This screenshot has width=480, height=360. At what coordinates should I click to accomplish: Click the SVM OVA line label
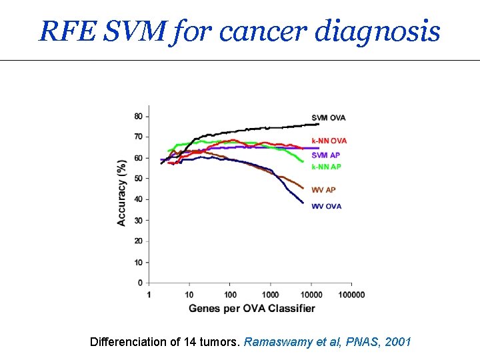[328, 118]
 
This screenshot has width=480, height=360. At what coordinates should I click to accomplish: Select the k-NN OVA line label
[329, 141]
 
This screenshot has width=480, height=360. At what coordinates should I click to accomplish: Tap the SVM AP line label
[325, 155]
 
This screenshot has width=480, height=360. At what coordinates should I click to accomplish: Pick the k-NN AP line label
[326, 166]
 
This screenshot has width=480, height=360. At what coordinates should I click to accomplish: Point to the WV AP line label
[323, 190]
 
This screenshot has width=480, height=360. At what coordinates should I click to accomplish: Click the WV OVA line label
[326, 206]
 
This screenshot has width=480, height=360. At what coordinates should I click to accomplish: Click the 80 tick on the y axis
[138, 116]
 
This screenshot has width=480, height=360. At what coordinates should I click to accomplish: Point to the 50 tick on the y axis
[138, 179]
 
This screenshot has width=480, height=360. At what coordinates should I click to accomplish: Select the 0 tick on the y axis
[140, 283]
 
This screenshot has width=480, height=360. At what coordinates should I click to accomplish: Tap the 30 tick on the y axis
[138, 220]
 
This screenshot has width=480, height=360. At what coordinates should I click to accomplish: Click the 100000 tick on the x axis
[351, 295]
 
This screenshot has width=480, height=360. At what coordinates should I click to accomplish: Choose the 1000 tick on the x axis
[270, 295]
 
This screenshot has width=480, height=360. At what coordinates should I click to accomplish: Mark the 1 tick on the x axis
[149, 295]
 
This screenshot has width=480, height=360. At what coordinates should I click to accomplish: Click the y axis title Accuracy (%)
[122, 193]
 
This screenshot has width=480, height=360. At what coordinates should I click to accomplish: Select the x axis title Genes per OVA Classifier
[251, 308]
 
